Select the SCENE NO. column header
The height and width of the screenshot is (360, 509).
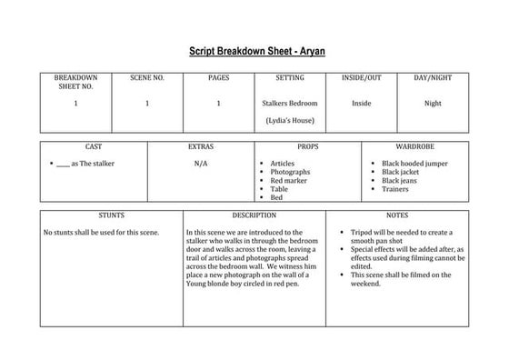click(147, 78)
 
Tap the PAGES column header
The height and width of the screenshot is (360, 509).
click(218, 78)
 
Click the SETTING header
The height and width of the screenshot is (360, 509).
click(289, 78)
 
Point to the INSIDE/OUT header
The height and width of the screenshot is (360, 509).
click(361, 78)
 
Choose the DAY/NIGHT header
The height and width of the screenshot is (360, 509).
click(433, 78)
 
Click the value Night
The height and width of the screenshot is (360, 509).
click(433, 103)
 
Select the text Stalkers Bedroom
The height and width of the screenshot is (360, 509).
click(289, 103)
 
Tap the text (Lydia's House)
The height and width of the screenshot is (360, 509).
click(289, 120)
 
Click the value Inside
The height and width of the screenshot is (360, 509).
click(361, 103)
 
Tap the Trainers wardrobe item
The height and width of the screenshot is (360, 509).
click(394, 189)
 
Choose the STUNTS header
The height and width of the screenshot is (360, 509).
click(111, 215)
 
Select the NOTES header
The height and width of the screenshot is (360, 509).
click(396, 215)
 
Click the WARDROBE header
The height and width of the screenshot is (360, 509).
click(414, 146)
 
